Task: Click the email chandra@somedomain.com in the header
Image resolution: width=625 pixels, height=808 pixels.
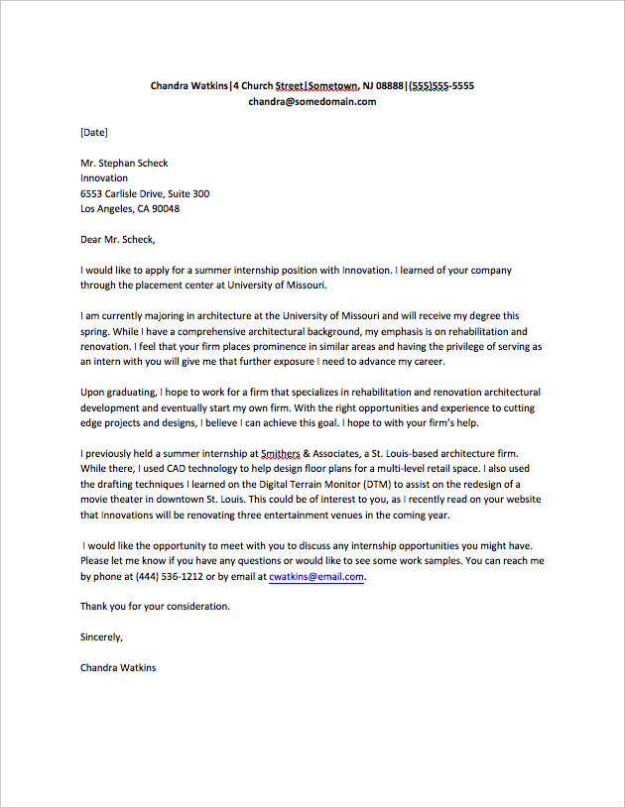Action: (312, 101)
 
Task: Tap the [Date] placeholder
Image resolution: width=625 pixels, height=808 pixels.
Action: (94, 132)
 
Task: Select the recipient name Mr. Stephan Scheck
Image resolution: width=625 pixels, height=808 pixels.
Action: (124, 163)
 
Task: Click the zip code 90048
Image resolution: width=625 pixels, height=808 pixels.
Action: (165, 209)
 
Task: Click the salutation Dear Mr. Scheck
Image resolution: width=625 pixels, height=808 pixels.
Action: (118, 239)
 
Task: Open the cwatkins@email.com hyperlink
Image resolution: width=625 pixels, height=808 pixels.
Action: (316, 576)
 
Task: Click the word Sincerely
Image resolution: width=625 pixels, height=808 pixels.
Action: (101, 636)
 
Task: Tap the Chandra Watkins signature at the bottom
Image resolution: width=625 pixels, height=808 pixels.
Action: (118, 667)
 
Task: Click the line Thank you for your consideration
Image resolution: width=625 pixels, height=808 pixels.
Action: (155, 606)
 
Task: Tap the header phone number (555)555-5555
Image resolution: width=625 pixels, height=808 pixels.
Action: (441, 86)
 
